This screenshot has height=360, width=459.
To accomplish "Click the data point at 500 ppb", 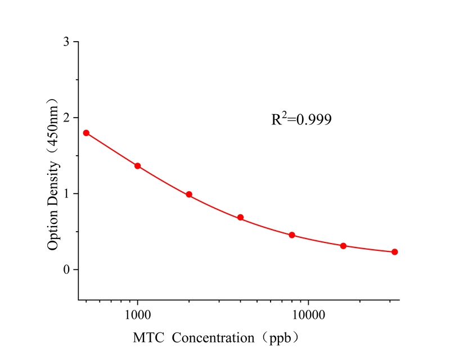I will pyautogui.click(x=86, y=133).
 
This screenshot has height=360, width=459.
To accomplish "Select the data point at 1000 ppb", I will pyautogui.click(x=137, y=166).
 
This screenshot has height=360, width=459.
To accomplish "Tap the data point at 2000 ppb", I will pyautogui.click(x=189, y=195).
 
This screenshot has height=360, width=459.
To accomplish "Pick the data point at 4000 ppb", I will pyautogui.click(x=240, y=217).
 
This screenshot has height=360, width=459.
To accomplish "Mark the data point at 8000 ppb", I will pyautogui.click(x=292, y=235).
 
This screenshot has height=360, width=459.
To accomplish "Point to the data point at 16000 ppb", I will pyautogui.click(x=343, y=246).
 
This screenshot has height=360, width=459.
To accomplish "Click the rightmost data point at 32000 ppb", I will pyautogui.click(x=395, y=252).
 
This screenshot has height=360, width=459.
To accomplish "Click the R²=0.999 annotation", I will pyautogui.click(x=301, y=119).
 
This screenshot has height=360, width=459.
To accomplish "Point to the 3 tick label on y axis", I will pyautogui.click(x=67, y=42).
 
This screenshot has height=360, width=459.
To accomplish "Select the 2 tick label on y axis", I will pyautogui.click(x=67, y=118).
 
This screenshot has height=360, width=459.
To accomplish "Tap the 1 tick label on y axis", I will pyautogui.click(x=67, y=194).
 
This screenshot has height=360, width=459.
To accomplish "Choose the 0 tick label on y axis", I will pyautogui.click(x=67, y=270).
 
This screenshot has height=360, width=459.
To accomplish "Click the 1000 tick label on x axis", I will pyautogui.click(x=137, y=313).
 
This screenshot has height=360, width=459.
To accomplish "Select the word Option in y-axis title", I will pyautogui.click(x=53, y=232).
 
